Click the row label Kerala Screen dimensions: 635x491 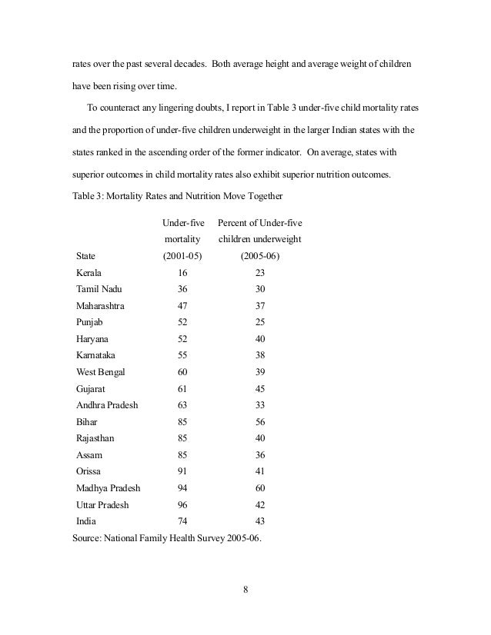point(89,272)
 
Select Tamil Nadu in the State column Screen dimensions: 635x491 point(99,289)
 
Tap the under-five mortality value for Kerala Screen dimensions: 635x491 point(182,272)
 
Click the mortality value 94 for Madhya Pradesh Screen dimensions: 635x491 point(182,488)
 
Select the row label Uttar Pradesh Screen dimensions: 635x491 point(102,505)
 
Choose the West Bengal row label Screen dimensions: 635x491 point(100,372)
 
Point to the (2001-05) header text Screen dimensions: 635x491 point(182,255)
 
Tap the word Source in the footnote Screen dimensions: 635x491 point(86,538)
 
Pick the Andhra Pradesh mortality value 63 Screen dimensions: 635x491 point(182,405)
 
